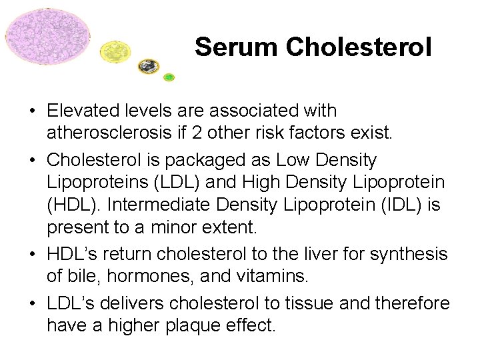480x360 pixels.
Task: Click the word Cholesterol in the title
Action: pyautogui.click(x=359, y=47)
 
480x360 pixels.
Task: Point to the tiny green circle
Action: pyautogui.click(x=169, y=77)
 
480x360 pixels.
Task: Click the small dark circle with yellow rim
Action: pyautogui.click(x=148, y=66)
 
